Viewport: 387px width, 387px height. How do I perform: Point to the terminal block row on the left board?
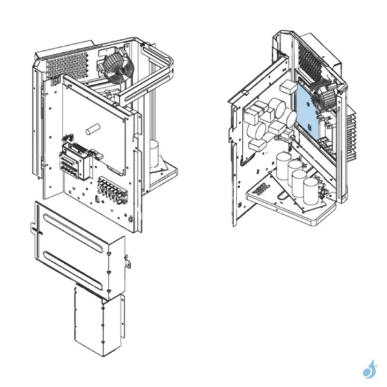[x=112, y=189]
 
